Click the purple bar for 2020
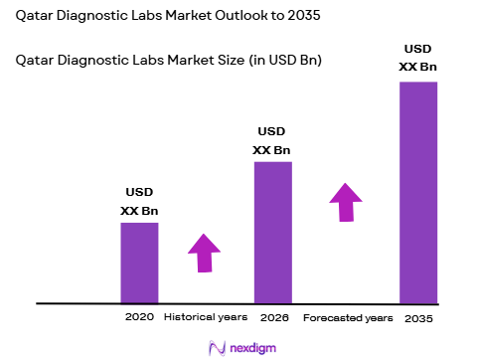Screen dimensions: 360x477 139,263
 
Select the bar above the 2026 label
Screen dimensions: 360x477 273,232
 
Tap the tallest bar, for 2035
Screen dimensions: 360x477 418,192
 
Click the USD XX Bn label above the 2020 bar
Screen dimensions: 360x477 139,201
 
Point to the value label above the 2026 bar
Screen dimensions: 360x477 273,140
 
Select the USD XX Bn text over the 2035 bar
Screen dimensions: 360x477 418,58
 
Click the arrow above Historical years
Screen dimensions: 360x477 204,253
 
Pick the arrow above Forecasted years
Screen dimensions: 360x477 345,202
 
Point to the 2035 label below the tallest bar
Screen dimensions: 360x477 418,318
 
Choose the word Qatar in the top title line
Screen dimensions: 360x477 37,18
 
